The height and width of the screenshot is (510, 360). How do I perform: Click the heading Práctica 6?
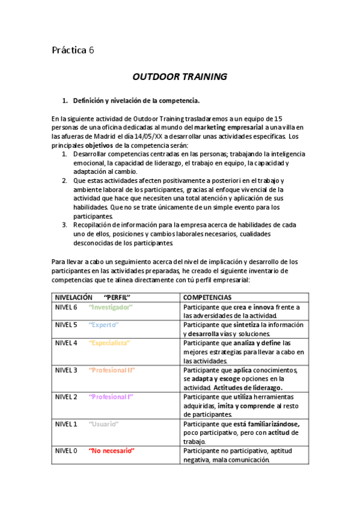click(73, 51)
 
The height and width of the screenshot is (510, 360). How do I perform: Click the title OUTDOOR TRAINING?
click(180, 77)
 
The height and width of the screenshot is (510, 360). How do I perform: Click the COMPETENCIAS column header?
click(207, 298)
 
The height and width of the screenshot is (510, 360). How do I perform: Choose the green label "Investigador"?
click(111, 307)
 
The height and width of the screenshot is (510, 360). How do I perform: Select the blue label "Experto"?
click(103, 325)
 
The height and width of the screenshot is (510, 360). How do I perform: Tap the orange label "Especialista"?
click(109, 343)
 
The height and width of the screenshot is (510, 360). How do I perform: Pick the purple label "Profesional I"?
click(111, 397)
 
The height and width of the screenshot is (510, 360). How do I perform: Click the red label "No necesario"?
click(111, 451)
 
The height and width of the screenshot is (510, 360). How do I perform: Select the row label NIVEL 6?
click(66, 307)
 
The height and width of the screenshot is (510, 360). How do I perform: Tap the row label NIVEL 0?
click(66, 451)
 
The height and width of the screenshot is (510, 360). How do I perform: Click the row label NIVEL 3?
click(66, 370)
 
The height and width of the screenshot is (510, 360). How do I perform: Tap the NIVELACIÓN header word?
click(74, 298)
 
